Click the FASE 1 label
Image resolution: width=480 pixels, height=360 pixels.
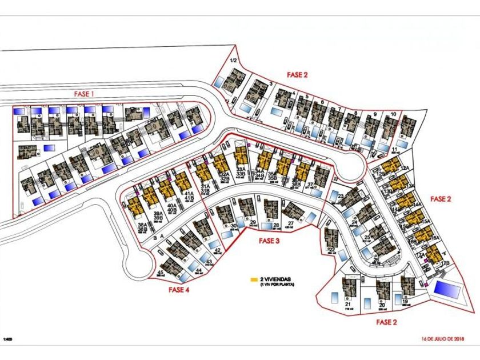[x=83, y=94]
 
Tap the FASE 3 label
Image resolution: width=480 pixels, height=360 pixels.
[x=269, y=241]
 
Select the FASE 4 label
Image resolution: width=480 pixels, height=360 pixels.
[x=179, y=290]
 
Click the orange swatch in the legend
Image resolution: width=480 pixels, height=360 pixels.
[x=254, y=280]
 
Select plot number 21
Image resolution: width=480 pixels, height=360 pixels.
[x=348, y=305]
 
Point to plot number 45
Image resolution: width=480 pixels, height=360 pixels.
[x=161, y=274]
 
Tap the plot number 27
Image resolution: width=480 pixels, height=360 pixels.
[x=291, y=223]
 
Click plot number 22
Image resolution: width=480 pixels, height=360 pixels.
[x=331, y=250]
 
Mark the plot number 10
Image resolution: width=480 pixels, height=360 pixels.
[x=393, y=114]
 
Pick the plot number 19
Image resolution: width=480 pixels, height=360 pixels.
[x=405, y=302]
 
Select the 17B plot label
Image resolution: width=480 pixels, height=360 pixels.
[x=445, y=263]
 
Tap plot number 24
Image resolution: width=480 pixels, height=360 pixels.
[x=354, y=222]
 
